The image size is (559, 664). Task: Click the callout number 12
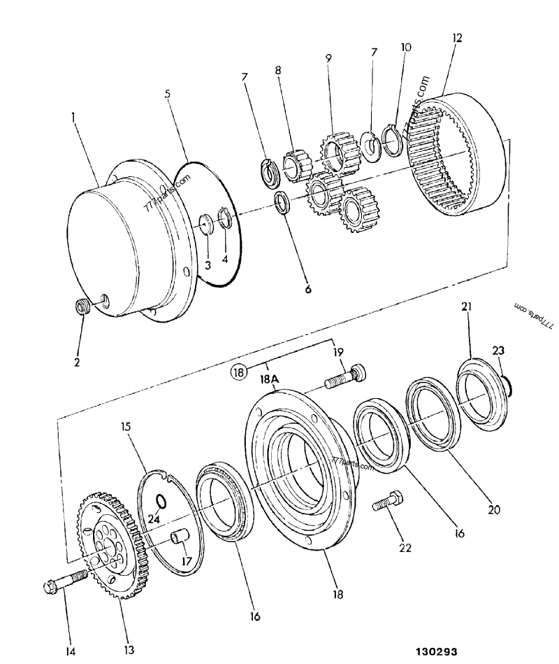pos(457,38)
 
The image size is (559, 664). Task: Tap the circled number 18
pos(240,372)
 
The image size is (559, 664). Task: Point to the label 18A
pos(270,379)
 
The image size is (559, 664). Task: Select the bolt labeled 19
pos(344,377)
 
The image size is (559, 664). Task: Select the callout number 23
pos(499,350)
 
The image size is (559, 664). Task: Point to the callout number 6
pos(307,287)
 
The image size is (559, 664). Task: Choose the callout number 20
pos(494,509)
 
